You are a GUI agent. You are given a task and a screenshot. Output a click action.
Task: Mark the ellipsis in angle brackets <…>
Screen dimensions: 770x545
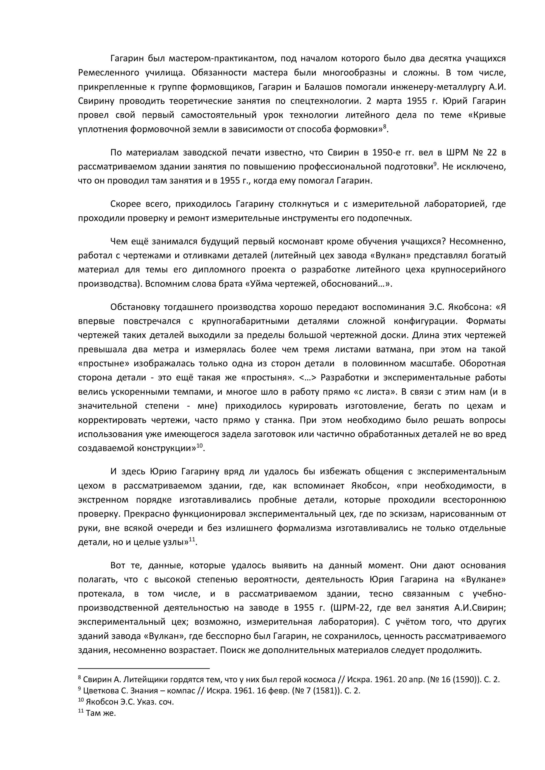(307, 378)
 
